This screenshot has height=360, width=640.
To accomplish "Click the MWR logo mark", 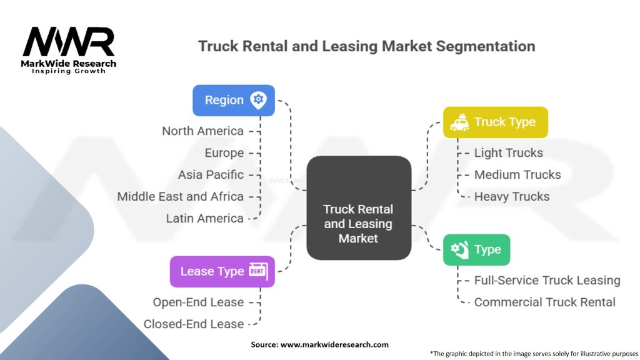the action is [x=69, y=42].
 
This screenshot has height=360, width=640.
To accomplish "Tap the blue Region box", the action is [x=234, y=101].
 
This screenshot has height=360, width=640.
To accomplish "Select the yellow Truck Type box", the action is [x=496, y=122].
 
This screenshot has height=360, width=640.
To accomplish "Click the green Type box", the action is [x=476, y=249].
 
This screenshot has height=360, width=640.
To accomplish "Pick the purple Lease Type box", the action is [x=222, y=271].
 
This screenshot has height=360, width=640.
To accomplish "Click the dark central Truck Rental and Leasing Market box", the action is [x=359, y=207].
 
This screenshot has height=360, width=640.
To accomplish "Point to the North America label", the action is [x=202, y=131].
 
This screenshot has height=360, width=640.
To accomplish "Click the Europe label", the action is [x=224, y=153].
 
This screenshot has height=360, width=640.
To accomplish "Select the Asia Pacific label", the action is [x=211, y=175].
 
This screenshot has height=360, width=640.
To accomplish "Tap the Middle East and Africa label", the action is [x=181, y=197].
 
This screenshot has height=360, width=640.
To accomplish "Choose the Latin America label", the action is [x=204, y=218].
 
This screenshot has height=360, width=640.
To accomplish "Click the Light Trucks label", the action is [x=509, y=153].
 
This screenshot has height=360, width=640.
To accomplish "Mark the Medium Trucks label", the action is [x=517, y=175].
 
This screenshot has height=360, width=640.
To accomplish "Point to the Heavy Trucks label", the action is [x=512, y=197].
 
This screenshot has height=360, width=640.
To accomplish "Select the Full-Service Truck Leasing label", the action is [x=547, y=281].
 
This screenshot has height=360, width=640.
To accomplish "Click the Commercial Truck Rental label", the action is [x=544, y=302].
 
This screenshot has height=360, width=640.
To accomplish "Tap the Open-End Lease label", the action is [x=198, y=302].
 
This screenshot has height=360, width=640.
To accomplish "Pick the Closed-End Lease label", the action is [x=194, y=324].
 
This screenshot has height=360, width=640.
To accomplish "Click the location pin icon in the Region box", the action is [x=258, y=101].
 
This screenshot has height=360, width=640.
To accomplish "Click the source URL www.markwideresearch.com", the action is [x=334, y=344].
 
